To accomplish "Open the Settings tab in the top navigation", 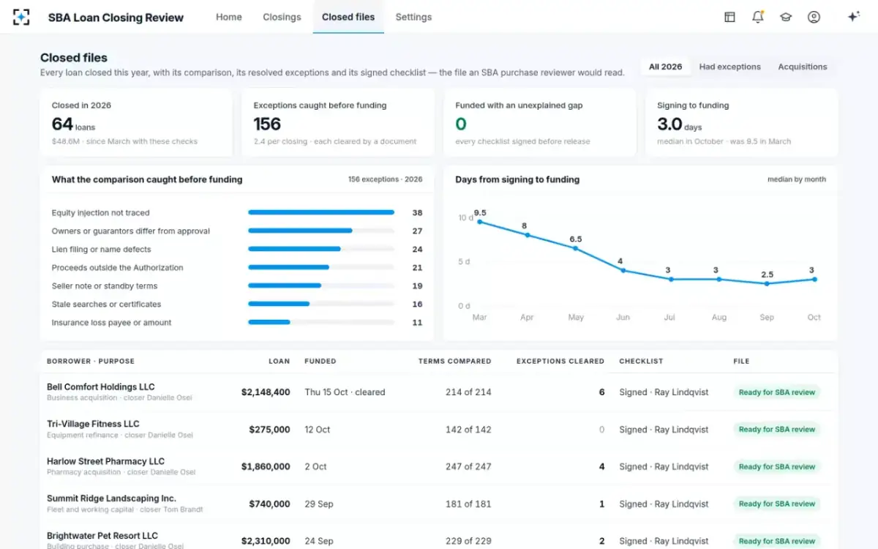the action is pyautogui.click(x=413, y=17).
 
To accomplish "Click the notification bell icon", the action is pyautogui.click(x=758, y=17).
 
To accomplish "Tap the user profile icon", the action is pyautogui.click(x=814, y=17).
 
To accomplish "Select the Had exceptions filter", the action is pyautogui.click(x=730, y=67).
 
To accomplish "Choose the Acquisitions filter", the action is pyautogui.click(x=803, y=67).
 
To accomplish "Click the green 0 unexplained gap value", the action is pyautogui.click(x=461, y=124).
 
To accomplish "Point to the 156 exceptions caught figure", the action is pyautogui.click(x=267, y=124).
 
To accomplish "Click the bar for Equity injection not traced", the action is pyautogui.click(x=321, y=212).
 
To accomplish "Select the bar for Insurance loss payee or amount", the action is pyautogui.click(x=269, y=322).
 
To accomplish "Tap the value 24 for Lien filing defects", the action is pyautogui.click(x=417, y=249).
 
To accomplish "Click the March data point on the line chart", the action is pyautogui.click(x=480, y=222).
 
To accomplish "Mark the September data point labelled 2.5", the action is pyautogui.click(x=767, y=283).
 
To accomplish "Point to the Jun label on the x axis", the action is pyautogui.click(x=623, y=317).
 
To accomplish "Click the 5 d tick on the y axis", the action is pyautogui.click(x=464, y=261).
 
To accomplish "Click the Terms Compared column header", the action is pyautogui.click(x=454, y=361).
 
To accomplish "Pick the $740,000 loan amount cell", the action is pyautogui.click(x=269, y=504).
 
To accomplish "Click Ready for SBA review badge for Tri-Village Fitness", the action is pyautogui.click(x=776, y=429).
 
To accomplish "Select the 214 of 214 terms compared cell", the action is pyautogui.click(x=468, y=392).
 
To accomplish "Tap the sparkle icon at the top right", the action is pyautogui.click(x=853, y=16).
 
